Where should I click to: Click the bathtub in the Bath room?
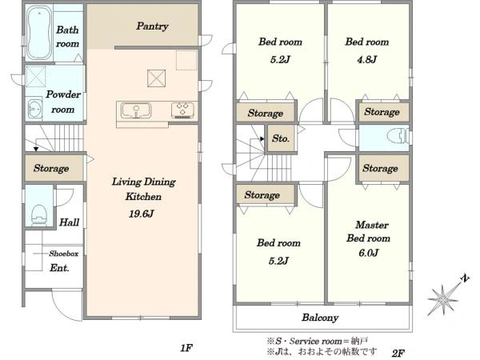[x=38, y=33]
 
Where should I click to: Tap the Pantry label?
[x=152, y=26]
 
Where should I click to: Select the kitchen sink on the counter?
[x=136, y=110]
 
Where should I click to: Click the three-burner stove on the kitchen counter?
[x=182, y=110]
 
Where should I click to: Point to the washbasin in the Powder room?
[x=34, y=108]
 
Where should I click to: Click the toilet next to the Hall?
[x=39, y=215]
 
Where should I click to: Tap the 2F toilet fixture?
[x=398, y=137]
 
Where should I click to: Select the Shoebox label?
[x=64, y=254]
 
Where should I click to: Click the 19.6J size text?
[x=141, y=214]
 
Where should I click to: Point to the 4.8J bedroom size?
[x=366, y=59]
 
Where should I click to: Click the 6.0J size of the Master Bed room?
[x=368, y=253]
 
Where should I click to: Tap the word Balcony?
[x=320, y=318]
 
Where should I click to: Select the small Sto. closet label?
[x=281, y=138]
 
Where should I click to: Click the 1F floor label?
[x=186, y=348]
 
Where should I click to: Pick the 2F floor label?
[x=398, y=354]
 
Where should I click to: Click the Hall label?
[x=69, y=222]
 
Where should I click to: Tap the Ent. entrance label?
[x=59, y=268]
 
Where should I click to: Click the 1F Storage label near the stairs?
[x=51, y=168]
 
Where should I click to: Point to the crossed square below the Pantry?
[x=157, y=78]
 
